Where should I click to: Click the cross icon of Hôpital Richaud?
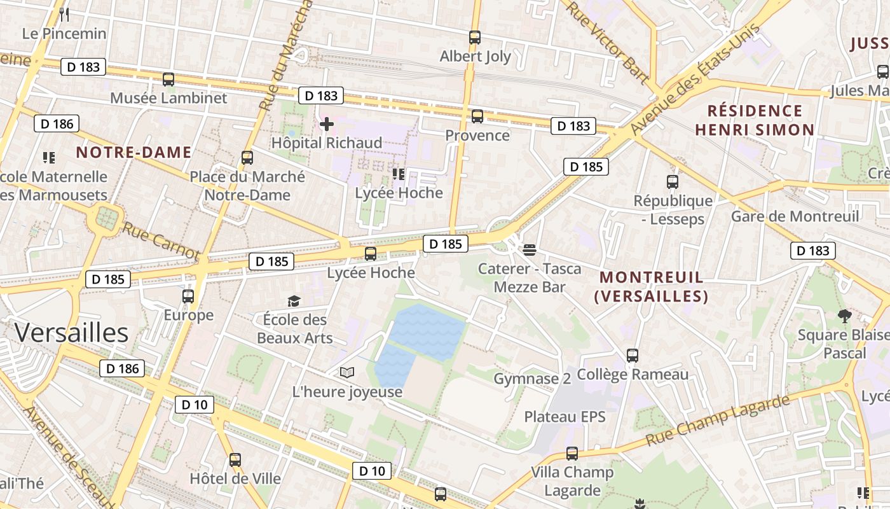327,124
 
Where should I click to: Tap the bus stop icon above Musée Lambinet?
168,80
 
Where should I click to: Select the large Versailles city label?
71,333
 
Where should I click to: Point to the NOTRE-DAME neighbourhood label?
133,152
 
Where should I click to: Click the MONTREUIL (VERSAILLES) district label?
652,287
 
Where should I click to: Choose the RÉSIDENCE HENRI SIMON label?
755,120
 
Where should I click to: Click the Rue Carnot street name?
161,241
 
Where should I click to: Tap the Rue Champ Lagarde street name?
718,421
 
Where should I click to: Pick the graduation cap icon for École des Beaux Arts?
294,301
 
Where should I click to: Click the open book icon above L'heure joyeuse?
347,373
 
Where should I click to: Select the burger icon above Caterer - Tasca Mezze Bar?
530,249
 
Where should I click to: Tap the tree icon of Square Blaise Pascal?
845,316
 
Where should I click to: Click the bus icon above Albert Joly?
475,38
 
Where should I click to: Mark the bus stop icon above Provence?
477,116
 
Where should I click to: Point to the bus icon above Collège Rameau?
633,356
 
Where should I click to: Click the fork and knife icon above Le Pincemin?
64,14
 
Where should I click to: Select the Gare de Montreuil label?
795,216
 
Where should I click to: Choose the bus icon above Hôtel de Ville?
235,459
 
